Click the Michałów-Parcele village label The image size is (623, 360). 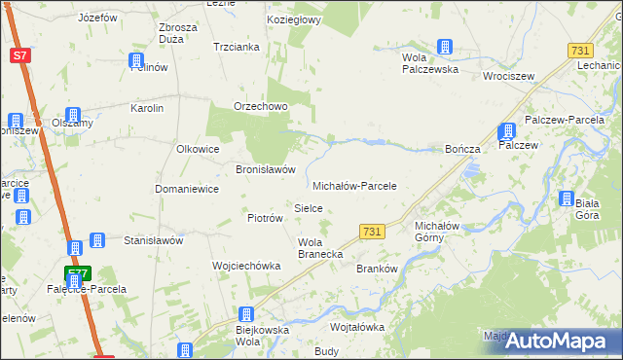(354, 186)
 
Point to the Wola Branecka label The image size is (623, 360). (319, 248)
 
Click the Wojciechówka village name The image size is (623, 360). (246, 266)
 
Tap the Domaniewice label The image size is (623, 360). (187, 189)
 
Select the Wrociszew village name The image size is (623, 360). (506, 75)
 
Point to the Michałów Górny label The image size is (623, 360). (429, 231)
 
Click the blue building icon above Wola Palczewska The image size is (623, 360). (445, 47)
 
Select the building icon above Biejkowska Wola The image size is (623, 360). (246, 315)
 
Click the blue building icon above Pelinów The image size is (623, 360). (137, 61)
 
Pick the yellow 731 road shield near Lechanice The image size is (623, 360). (581, 51)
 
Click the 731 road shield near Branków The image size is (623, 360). (371, 232)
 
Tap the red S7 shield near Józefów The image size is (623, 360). (20, 55)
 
